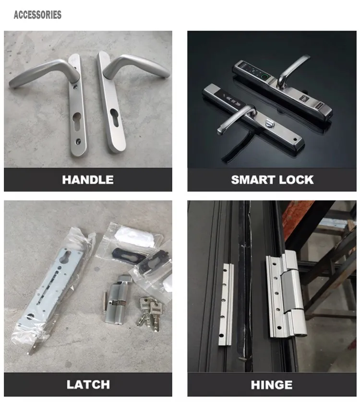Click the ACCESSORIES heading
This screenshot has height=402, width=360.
(37, 15)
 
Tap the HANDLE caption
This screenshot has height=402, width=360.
(88, 180)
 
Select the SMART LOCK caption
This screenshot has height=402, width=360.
(272, 180)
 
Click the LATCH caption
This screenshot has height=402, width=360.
(88, 384)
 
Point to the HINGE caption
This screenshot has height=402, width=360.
(272, 384)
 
